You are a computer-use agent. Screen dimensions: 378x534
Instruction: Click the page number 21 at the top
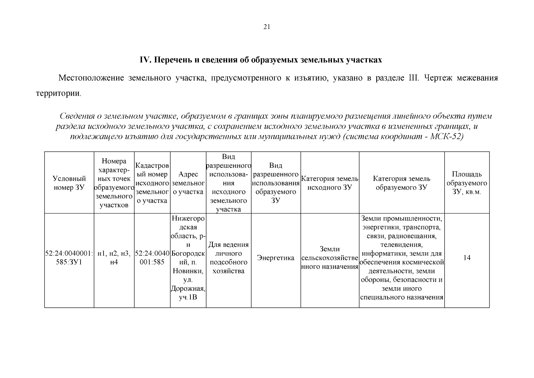[x=267, y=27]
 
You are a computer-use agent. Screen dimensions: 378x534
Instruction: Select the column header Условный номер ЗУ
[x=69, y=183]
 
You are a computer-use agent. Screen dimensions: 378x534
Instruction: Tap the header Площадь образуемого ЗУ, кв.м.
[x=467, y=183]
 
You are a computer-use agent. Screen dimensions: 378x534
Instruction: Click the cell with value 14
[x=467, y=258]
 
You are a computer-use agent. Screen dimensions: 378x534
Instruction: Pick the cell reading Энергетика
[x=276, y=258]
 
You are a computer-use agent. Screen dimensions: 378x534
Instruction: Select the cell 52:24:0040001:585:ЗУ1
[x=69, y=258]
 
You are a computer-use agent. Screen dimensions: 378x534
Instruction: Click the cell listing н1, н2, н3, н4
[x=114, y=258]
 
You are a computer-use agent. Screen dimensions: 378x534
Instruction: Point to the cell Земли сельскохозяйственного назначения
[x=330, y=258]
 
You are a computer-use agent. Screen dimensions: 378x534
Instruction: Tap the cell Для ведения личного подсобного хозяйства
[x=228, y=258]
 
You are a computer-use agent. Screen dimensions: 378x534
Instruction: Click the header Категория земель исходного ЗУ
[x=330, y=183]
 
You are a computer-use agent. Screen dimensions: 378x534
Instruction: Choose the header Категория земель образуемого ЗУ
[x=402, y=183]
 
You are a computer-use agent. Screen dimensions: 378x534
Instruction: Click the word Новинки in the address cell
[x=188, y=271]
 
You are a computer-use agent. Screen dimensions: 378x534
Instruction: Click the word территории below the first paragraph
[x=58, y=94]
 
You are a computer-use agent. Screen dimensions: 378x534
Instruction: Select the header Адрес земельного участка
[x=188, y=183]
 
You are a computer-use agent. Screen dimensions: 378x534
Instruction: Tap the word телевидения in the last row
[x=402, y=245]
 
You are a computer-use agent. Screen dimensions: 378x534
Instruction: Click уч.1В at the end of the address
[x=188, y=297]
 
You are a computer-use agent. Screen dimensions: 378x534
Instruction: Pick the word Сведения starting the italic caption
[x=77, y=116]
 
